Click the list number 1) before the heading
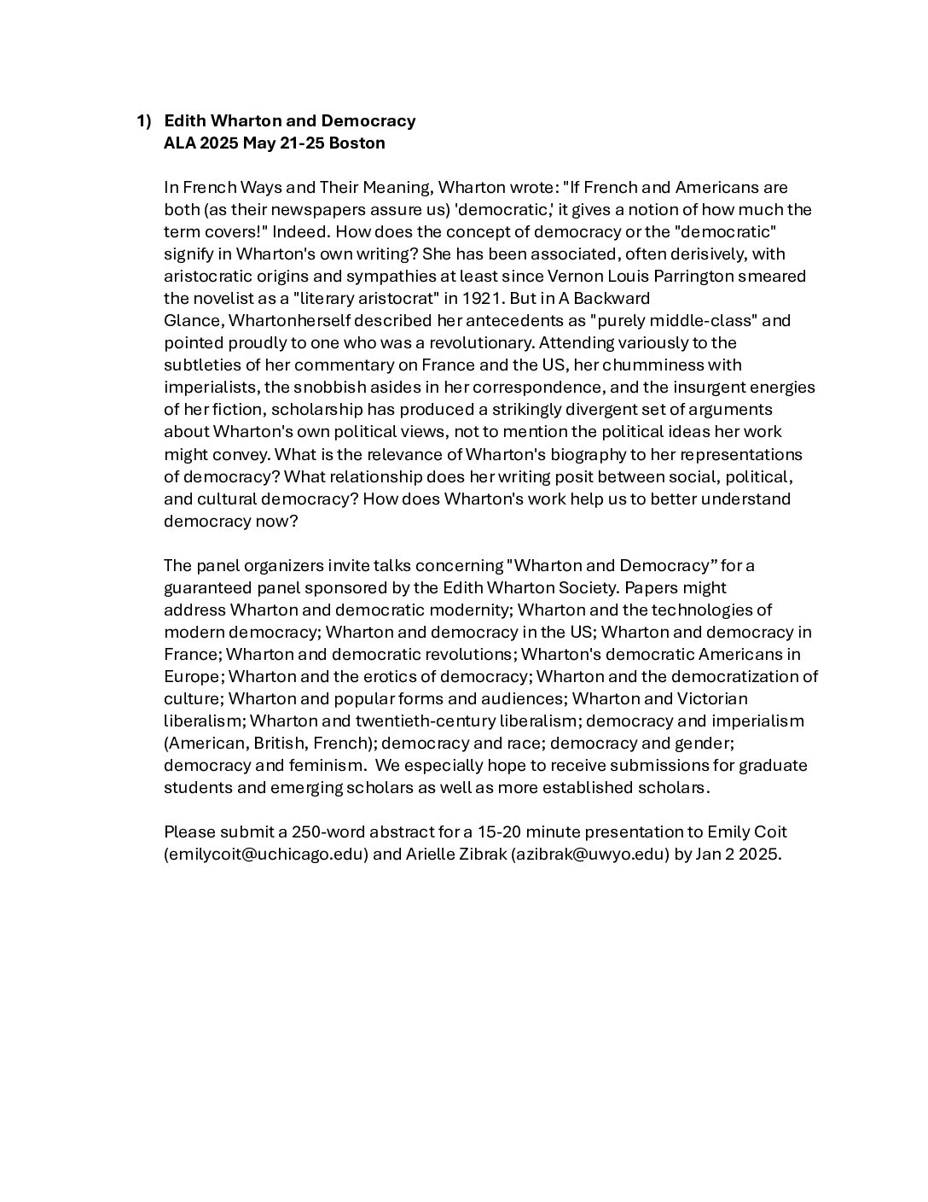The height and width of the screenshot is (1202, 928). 144,121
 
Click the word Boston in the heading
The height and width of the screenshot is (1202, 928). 357,143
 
